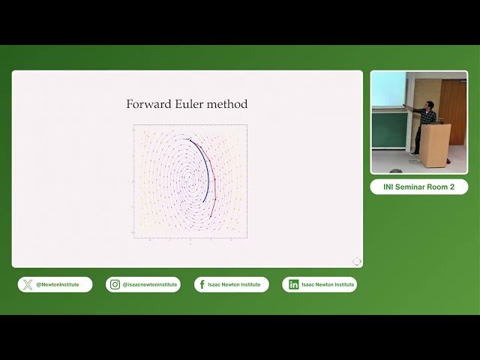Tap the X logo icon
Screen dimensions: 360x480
(x=28, y=284)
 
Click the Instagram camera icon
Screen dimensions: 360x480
(x=115, y=284)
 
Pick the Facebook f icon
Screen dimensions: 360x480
(x=202, y=284)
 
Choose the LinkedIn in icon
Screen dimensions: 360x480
(x=293, y=284)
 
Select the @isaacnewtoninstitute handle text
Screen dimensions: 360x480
(x=150, y=285)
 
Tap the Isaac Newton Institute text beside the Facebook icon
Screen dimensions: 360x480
(x=236, y=285)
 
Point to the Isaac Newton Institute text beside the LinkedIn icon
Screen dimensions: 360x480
(x=328, y=285)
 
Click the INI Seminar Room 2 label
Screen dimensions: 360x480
(x=418, y=187)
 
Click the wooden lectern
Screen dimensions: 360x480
(x=434, y=144)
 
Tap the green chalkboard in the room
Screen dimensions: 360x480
(x=389, y=128)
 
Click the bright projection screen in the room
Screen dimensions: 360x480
(x=388, y=89)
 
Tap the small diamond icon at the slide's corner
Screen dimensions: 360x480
(x=357, y=261)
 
